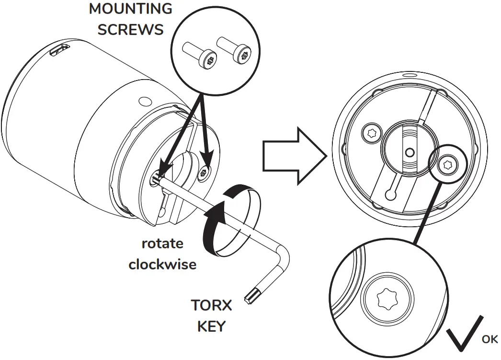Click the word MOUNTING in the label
click(x=131, y=9)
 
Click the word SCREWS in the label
click(x=130, y=29)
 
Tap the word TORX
click(x=211, y=305)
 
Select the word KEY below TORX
click(x=211, y=326)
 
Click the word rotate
click(x=162, y=243)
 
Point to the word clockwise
click(x=162, y=264)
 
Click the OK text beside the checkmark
click(x=490, y=339)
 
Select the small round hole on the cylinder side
click(x=142, y=102)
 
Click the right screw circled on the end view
click(x=448, y=164)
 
